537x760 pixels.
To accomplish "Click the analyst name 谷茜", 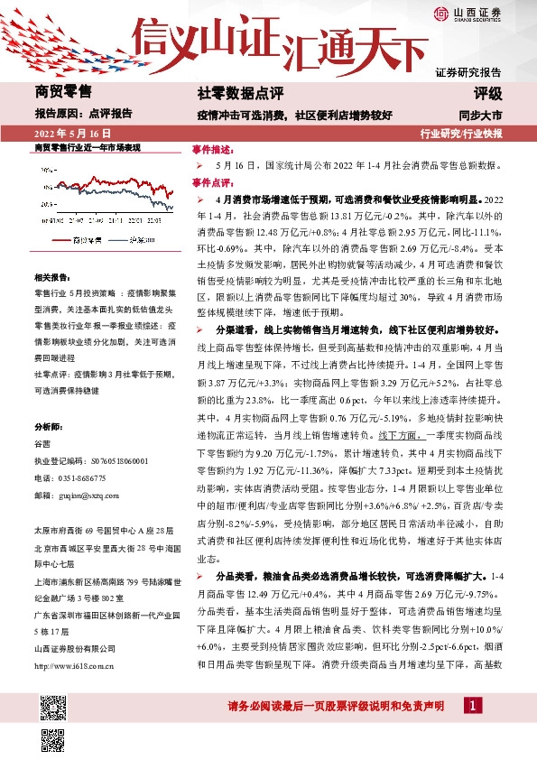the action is tap(42, 444).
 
